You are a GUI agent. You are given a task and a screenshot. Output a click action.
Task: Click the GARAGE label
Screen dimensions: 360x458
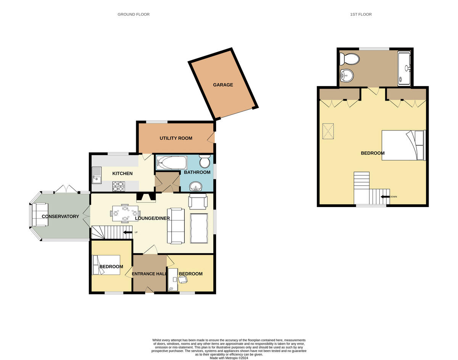tap(223, 85)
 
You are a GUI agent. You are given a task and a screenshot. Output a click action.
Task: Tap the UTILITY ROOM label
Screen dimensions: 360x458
tap(176, 138)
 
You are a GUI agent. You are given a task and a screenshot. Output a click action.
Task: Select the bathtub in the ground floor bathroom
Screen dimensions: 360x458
tap(172, 163)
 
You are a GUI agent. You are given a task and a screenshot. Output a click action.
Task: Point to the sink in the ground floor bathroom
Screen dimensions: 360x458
tap(197, 186)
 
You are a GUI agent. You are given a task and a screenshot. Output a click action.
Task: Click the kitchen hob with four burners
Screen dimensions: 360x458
tap(118, 186)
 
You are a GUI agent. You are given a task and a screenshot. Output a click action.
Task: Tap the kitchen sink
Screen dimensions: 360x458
tap(96, 174)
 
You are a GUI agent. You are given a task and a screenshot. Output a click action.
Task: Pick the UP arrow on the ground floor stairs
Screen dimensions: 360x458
tap(128, 232)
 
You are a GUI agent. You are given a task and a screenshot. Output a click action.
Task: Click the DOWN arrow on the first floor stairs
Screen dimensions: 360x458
tap(385, 197)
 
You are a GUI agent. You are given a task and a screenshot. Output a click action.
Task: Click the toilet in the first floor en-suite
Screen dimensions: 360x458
tap(350, 59)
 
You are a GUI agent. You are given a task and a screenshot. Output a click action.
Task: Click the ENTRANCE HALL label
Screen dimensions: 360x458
tap(149, 274)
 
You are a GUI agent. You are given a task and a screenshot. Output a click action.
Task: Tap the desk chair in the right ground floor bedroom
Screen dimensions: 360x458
tap(183, 280)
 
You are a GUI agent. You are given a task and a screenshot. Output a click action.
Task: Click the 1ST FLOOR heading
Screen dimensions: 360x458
tap(361, 14)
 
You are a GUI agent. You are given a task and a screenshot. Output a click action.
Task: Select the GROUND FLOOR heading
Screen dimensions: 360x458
tap(134, 14)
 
